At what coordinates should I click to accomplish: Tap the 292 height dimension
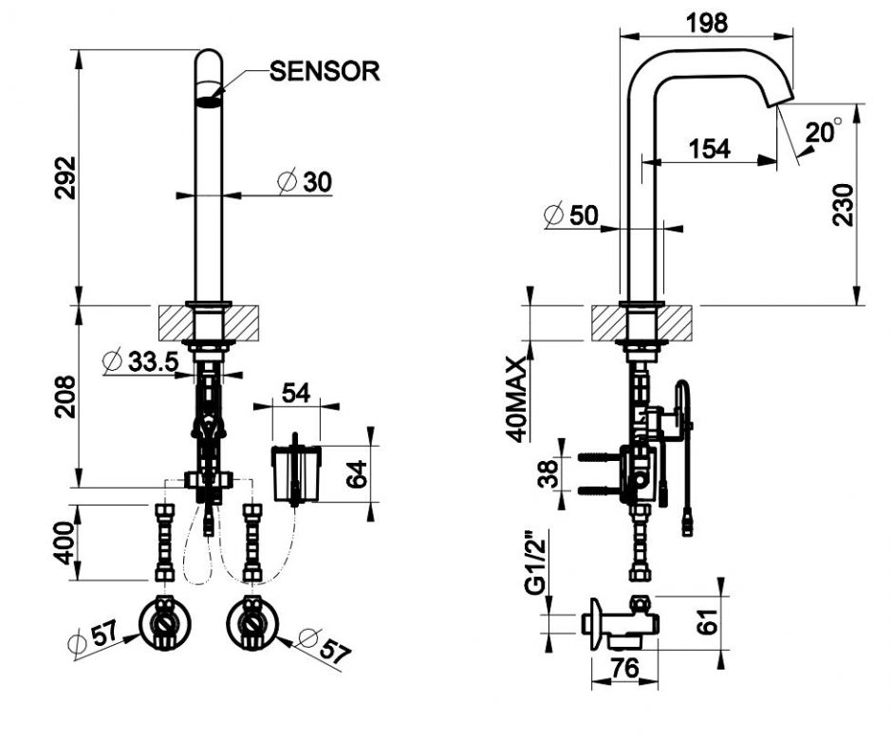click(x=63, y=177)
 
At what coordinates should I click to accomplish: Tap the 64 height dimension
click(x=356, y=471)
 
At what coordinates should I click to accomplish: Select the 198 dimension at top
click(x=707, y=23)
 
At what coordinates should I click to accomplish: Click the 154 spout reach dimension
click(x=708, y=148)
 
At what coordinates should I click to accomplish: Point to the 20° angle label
click(x=823, y=132)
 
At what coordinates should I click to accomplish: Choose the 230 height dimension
click(x=843, y=204)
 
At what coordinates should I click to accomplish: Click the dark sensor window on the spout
click(x=209, y=93)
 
